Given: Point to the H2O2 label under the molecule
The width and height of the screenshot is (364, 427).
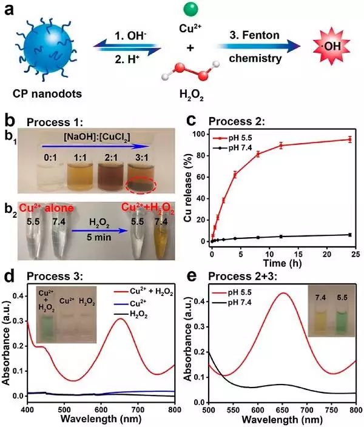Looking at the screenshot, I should tap(191, 95).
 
